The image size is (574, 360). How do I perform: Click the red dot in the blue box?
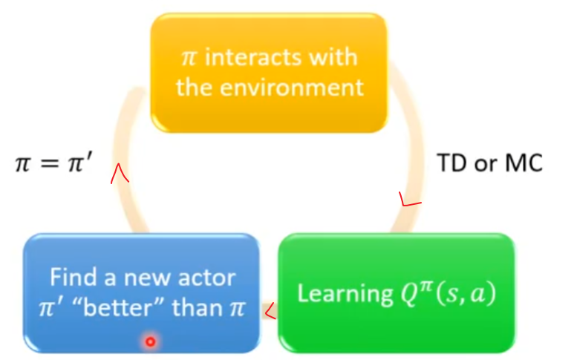click(150, 341)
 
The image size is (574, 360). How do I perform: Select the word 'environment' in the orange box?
click(292, 88)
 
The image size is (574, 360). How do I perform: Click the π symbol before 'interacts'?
click(189, 58)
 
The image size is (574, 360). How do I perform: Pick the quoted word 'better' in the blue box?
click(118, 308)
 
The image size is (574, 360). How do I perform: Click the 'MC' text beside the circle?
click(524, 163)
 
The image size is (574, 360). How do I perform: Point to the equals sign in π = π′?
click(50, 163)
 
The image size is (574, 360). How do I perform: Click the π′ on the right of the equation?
click(80, 163)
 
